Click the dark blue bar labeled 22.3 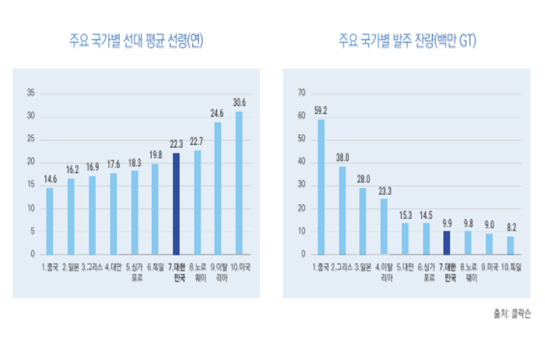tap(176, 203)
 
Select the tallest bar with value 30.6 tap(239, 183)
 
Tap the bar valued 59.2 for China tap(321, 187)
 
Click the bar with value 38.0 tap(342, 210)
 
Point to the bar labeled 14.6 tap(50, 221)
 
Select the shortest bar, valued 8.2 tap(510, 245)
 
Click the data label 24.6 tap(218, 113)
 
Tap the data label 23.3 tap(384, 189)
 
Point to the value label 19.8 tap(155, 154)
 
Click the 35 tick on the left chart tap(31, 93)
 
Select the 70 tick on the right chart tap(301, 93)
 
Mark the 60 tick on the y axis tap(301, 116)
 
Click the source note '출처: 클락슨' tap(512, 312)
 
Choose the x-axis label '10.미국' tap(238, 267)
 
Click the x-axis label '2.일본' tap(71, 267)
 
